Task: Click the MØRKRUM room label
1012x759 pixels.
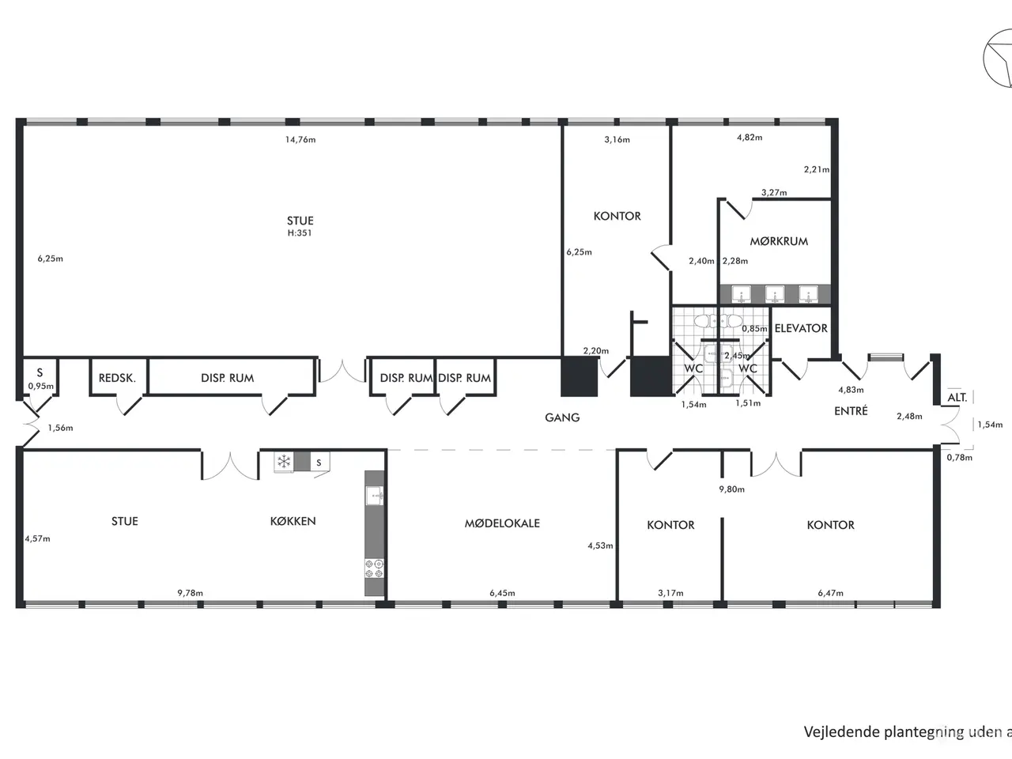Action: (779, 241)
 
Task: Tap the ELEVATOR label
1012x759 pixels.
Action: (801, 328)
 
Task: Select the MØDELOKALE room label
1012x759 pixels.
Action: (502, 523)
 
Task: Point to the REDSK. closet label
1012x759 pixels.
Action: (117, 378)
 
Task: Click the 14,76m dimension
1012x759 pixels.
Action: (300, 139)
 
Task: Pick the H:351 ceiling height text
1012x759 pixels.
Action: (300, 232)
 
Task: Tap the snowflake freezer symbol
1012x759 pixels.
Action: (284, 461)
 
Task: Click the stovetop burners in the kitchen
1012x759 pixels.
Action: (374, 568)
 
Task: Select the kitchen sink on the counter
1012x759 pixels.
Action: (375, 496)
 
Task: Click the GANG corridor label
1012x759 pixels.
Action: (562, 417)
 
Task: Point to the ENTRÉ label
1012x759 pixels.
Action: (851, 410)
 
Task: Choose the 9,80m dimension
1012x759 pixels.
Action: (731, 489)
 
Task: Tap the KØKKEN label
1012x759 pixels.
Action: (293, 521)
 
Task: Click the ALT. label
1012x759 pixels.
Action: (957, 397)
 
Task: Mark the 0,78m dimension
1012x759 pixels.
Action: (960, 457)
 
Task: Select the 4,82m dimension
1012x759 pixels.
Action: (750, 138)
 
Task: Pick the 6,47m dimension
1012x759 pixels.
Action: (830, 593)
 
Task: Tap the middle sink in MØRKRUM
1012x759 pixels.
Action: (775, 294)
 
